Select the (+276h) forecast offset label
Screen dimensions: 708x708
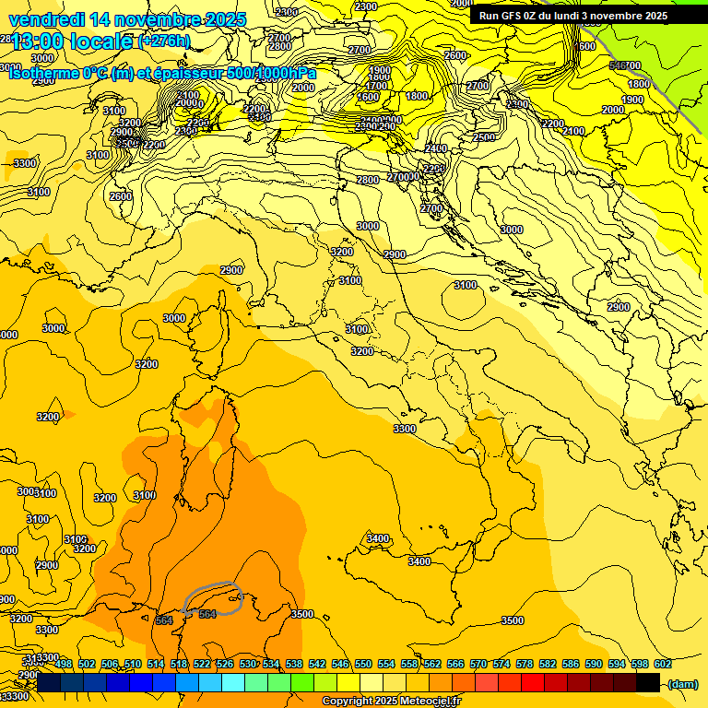(164, 41)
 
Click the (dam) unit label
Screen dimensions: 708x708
(681, 684)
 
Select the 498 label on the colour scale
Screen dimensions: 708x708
(64, 664)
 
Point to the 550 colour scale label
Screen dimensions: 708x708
(363, 664)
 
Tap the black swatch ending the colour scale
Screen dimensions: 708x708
(648, 683)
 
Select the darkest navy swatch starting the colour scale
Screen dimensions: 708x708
(49, 683)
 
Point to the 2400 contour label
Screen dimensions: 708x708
(436, 148)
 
